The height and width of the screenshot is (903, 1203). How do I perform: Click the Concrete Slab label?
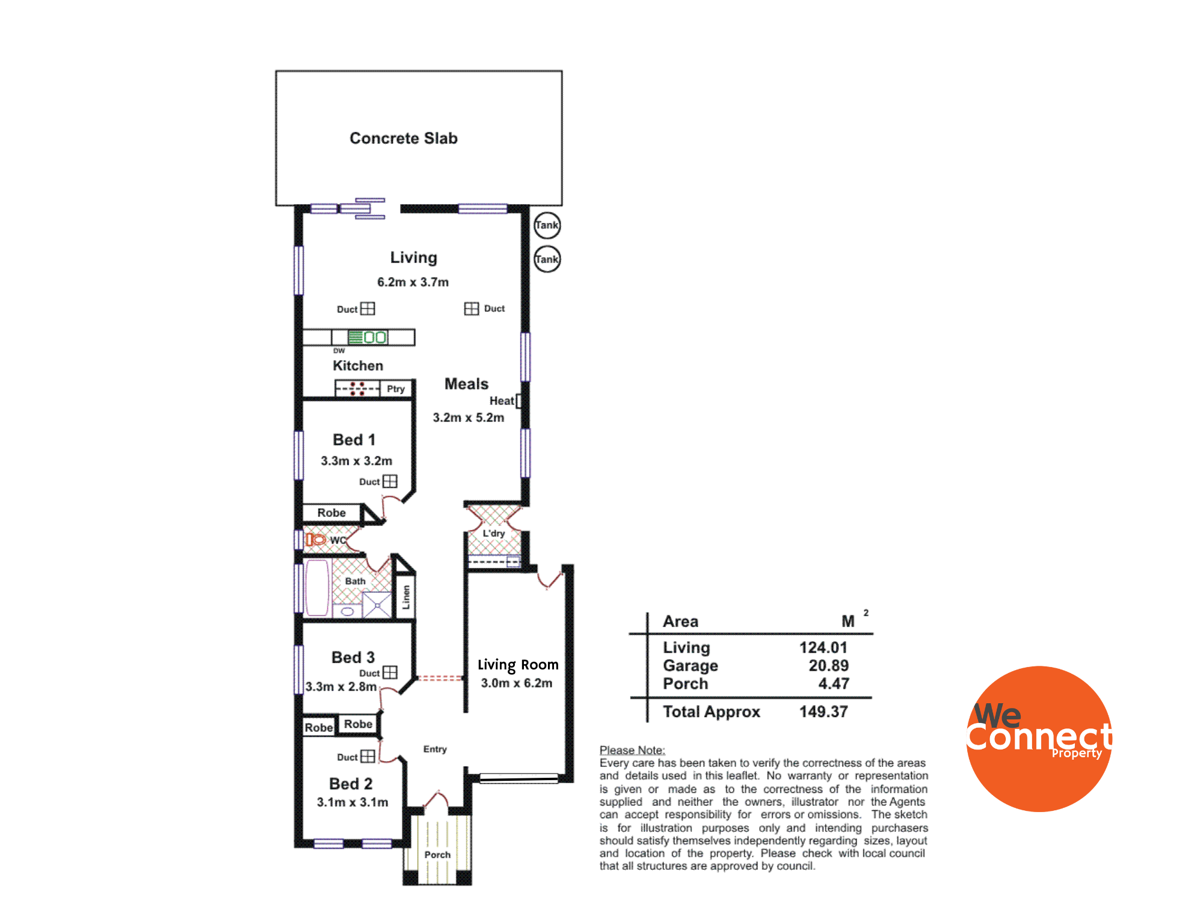coord(404,138)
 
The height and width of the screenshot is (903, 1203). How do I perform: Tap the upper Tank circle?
coord(547,225)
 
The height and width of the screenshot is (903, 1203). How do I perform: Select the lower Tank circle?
coord(547,259)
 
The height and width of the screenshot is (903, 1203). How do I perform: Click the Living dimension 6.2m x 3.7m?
coord(413,282)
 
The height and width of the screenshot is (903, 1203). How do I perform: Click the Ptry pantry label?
coord(396,389)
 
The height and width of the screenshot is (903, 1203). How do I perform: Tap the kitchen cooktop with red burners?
coord(357,389)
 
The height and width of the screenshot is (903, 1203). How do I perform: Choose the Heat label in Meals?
coord(502,401)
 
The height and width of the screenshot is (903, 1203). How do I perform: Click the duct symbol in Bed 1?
coord(390,481)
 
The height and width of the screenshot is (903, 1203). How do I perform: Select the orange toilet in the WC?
coord(315,539)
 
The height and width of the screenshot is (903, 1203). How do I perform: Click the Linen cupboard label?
coord(406,597)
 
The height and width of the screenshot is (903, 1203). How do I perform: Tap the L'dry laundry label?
coord(494,533)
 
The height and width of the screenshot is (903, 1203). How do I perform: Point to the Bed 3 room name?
coord(353,657)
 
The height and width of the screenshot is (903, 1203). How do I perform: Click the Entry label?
coord(435,749)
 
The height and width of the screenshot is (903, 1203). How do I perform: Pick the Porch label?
coord(437,855)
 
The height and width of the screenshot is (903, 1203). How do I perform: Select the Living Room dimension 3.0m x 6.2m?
coord(517,683)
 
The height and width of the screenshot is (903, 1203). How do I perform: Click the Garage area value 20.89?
coord(828,666)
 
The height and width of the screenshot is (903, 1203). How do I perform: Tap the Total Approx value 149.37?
coord(823,712)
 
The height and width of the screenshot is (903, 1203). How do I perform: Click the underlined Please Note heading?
coord(632,750)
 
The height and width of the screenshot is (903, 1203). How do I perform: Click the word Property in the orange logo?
coord(1077,753)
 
